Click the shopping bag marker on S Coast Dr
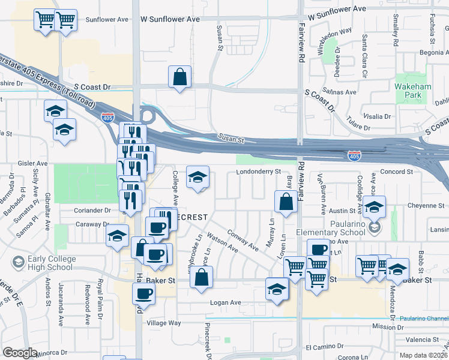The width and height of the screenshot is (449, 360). (x=179, y=78)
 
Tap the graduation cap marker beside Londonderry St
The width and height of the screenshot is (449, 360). (x=197, y=177)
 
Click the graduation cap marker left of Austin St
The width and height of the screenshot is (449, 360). (x=374, y=208)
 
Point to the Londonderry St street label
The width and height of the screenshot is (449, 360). (x=258, y=171)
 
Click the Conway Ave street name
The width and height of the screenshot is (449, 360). (x=243, y=239)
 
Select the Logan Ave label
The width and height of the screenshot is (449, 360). (x=225, y=302)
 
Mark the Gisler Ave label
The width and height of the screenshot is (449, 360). (x=33, y=163)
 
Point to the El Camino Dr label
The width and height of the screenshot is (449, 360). (x=325, y=347)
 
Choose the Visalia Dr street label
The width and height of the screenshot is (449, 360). (x=377, y=116)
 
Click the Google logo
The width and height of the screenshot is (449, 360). (x=20, y=353)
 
